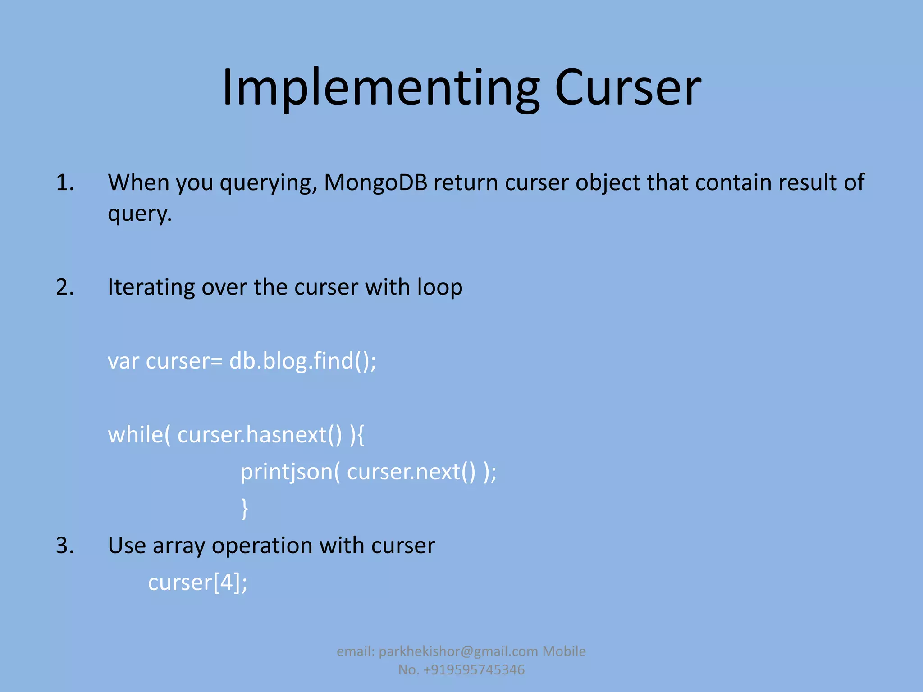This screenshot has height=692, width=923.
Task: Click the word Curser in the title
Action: [x=627, y=88]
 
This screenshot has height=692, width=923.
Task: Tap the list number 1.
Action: [x=65, y=183]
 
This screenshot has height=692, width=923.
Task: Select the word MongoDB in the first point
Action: [x=375, y=183]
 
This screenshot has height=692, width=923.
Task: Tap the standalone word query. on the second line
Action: [x=140, y=214]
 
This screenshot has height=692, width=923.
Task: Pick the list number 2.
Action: [x=65, y=287]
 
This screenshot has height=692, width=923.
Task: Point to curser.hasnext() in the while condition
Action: [x=260, y=435]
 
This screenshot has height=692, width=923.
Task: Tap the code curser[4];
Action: [x=198, y=583]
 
